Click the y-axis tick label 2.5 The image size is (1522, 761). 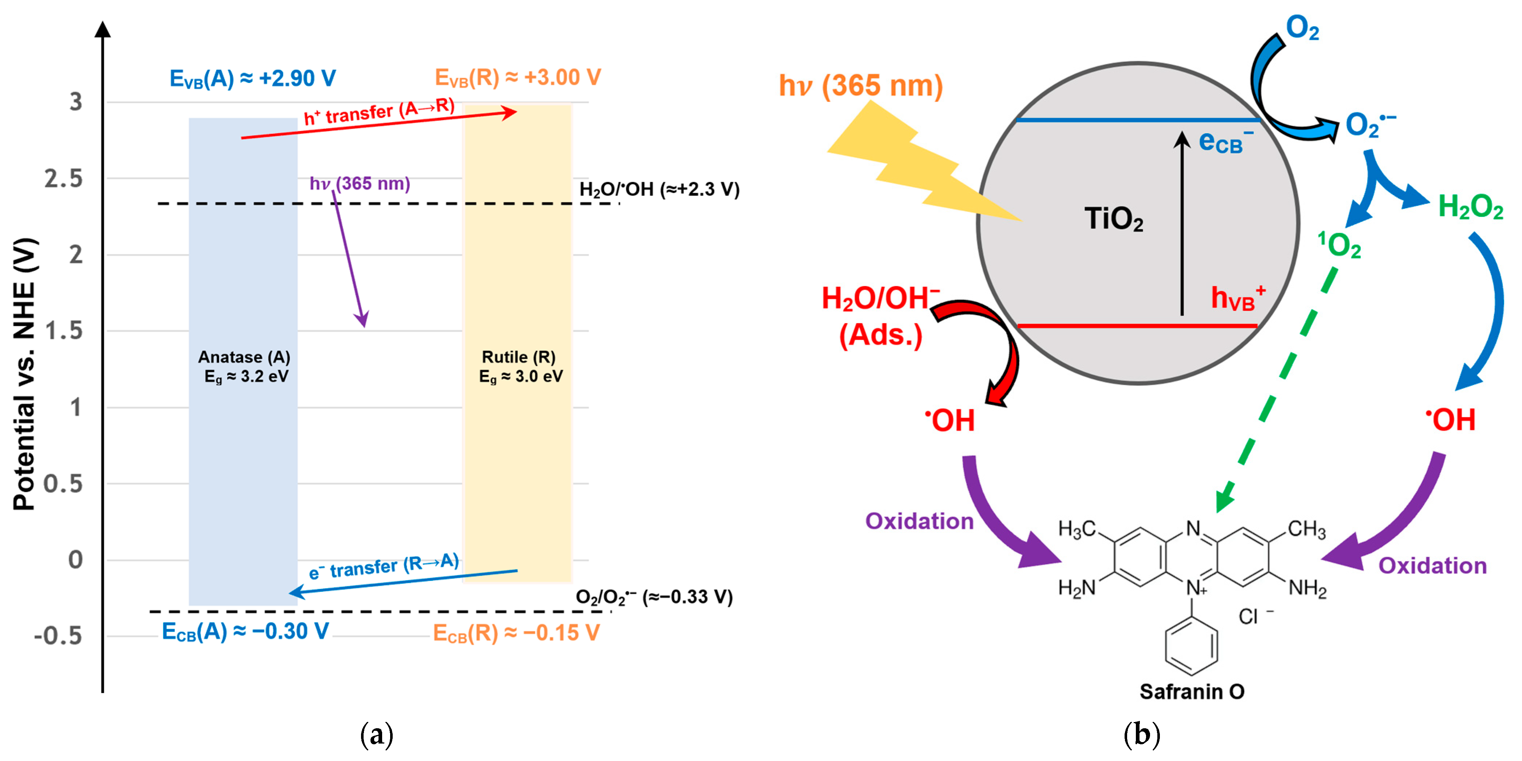click(64, 178)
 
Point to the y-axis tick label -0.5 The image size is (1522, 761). click(58, 636)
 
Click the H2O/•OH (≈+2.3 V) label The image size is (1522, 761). click(659, 189)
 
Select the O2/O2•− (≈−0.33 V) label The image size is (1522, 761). click(654, 597)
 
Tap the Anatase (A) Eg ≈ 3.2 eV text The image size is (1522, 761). click(245, 366)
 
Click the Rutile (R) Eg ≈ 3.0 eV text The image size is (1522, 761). click(520, 366)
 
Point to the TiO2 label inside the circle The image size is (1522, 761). click(1113, 219)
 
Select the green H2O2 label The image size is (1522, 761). click(1470, 207)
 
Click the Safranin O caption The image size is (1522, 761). click(1191, 691)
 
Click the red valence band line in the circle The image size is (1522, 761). click(1137, 326)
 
